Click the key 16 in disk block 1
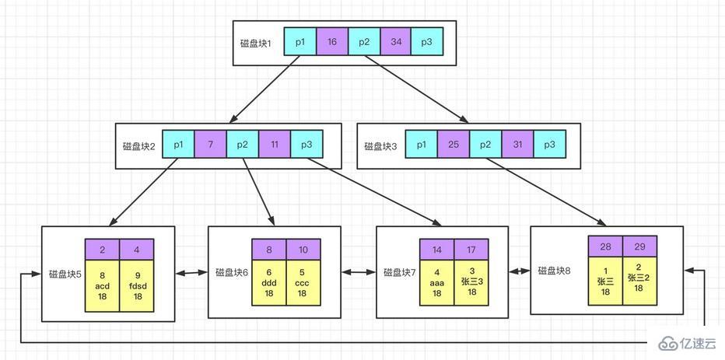(x=332, y=41)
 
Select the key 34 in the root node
(x=395, y=41)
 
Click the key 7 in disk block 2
(x=210, y=145)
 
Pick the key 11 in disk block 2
(x=275, y=145)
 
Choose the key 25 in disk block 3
(x=454, y=145)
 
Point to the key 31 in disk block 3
(x=517, y=145)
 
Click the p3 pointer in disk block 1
(x=426, y=41)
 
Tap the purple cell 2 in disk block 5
(x=102, y=249)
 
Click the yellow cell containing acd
(x=102, y=285)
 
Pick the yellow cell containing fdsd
(x=137, y=285)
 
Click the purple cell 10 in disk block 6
(x=303, y=250)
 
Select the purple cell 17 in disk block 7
(x=471, y=250)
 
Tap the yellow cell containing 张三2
(x=639, y=277)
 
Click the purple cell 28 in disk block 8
(x=604, y=246)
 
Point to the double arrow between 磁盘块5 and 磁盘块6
(x=191, y=273)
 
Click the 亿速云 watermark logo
(x=685, y=344)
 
